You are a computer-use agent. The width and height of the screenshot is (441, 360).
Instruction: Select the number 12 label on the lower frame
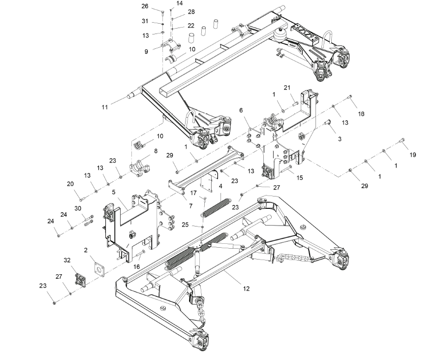pos(246,289)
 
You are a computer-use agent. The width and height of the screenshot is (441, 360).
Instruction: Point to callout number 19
pos(412,155)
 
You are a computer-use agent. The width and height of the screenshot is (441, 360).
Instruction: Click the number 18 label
pos(361,114)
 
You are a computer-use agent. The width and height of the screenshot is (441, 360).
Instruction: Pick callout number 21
pos(300,87)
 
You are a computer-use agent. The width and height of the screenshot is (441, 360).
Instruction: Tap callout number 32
pos(67,260)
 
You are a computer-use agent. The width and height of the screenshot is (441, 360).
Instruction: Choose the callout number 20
pos(70,184)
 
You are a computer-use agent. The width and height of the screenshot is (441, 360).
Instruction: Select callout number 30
pos(78,208)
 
